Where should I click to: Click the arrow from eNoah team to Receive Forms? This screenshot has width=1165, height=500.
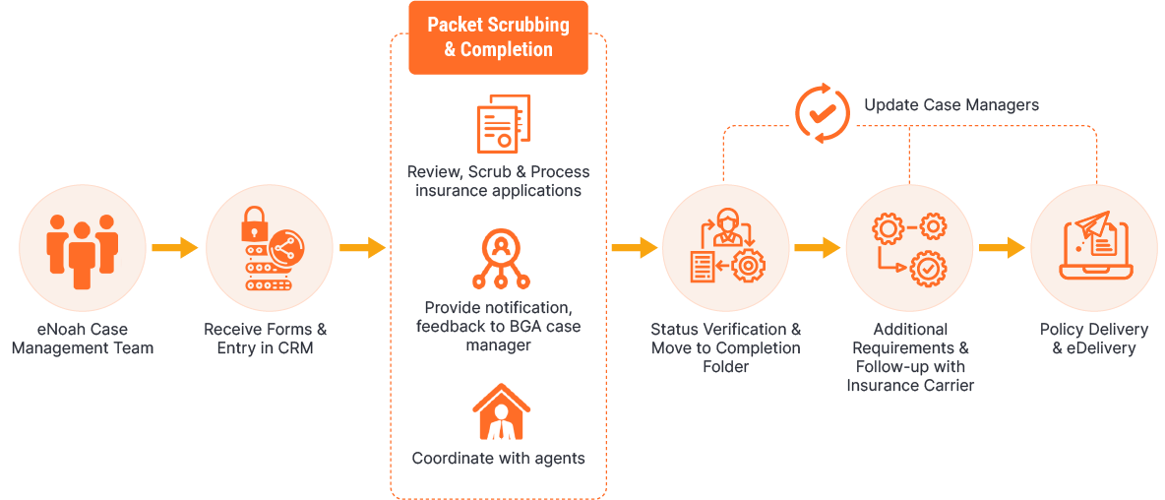[174, 248]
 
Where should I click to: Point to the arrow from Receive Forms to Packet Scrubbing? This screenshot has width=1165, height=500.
[361, 248]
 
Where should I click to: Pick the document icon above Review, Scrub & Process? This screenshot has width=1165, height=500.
[502, 124]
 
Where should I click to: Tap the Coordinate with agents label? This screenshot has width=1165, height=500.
[498, 459]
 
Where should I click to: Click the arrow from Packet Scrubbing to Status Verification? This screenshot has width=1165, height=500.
[634, 248]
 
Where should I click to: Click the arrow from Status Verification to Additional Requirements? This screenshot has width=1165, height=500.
[817, 248]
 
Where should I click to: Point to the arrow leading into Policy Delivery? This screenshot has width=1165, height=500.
[1002, 248]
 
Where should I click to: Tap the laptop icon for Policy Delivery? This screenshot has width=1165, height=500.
[1093, 246]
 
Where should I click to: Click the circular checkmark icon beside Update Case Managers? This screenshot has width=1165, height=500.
[822, 111]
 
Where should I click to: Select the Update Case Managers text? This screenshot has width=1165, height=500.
[950, 105]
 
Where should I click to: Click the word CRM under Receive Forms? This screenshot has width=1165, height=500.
[294, 348]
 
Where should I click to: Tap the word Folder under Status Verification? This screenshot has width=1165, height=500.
[726, 367]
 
